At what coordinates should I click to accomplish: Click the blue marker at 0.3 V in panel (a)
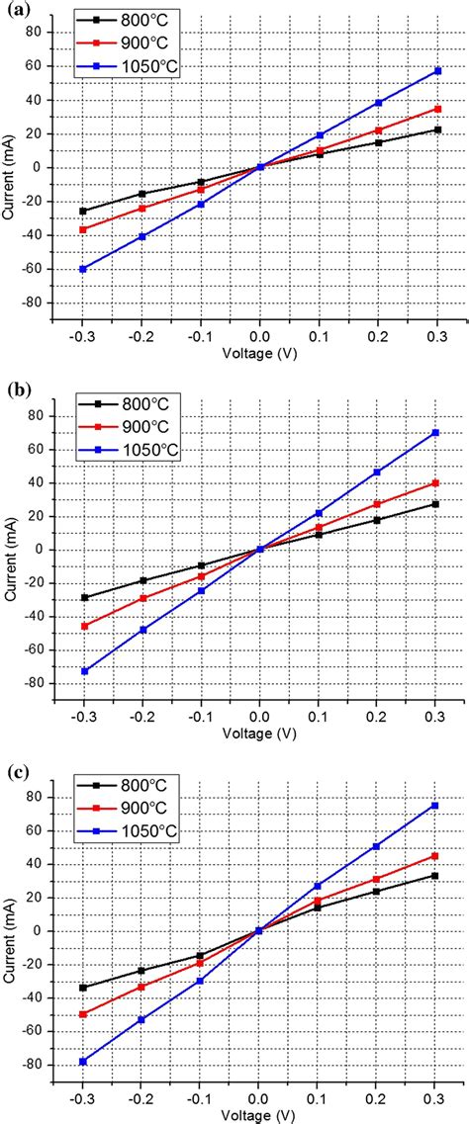436,71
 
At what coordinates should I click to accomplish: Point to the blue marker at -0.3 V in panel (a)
83,269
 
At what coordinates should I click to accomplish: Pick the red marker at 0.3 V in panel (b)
436,482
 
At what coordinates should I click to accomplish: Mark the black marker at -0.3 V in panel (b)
83,597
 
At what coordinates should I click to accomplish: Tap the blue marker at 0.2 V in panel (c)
377,846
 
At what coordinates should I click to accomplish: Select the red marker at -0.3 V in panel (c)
83,1014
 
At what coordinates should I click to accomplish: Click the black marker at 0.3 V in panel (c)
436,876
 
